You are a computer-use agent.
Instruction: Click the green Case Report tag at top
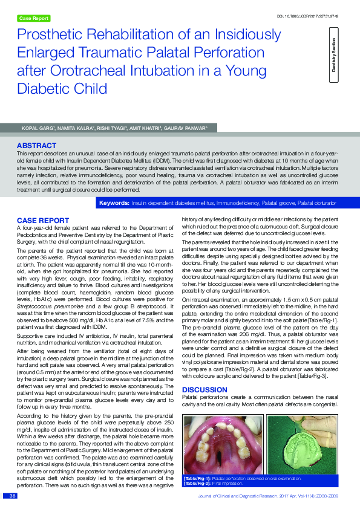click(33, 19)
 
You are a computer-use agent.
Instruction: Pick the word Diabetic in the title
click(42, 89)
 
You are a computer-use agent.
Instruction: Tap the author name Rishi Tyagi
click(112, 128)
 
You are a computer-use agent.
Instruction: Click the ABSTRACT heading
click(36, 146)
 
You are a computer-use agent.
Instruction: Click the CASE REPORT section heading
click(42, 219)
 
